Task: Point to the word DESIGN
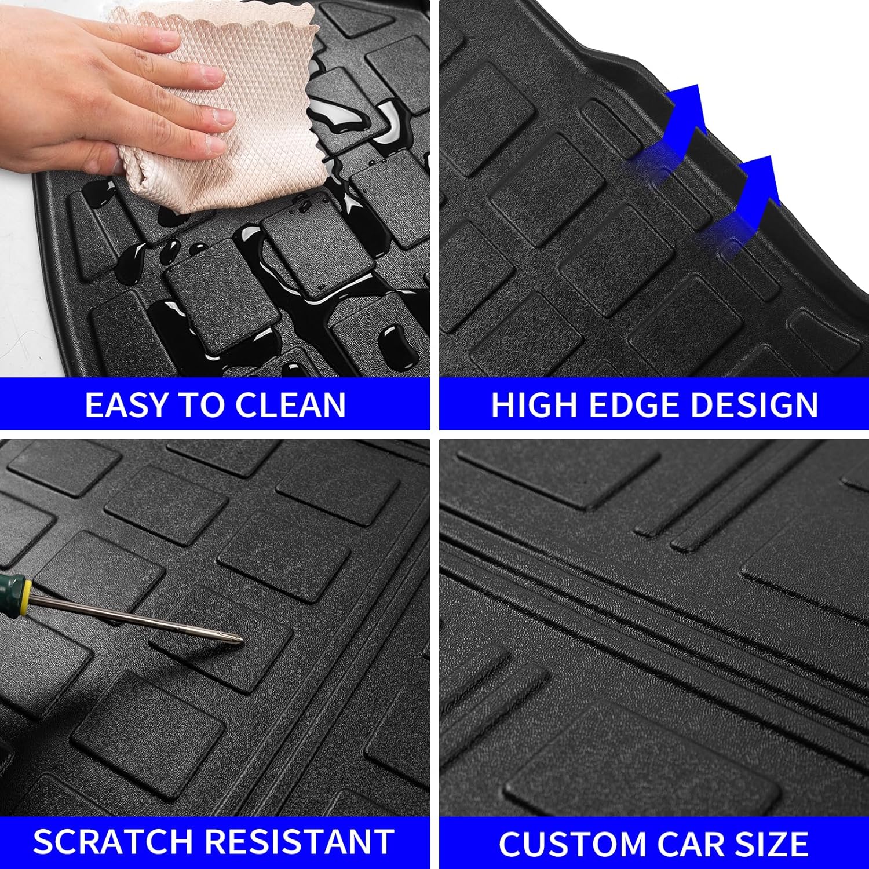(x=754, y=404)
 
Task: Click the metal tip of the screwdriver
(x=236, y=639)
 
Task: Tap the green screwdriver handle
(x=8, y=591)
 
